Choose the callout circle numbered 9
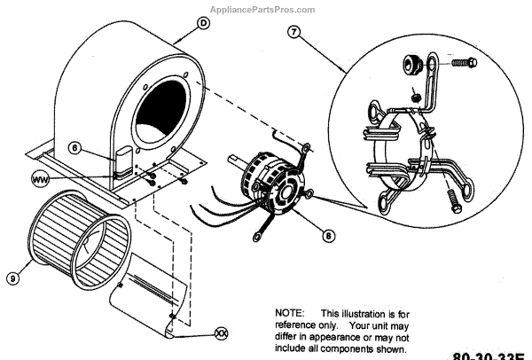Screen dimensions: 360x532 pyautogui.click(x=13, y=278)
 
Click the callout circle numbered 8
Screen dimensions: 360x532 pyautogui.click(x=327, y=236)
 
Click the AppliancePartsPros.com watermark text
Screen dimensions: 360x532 pyautogui.click(x=264, y=10)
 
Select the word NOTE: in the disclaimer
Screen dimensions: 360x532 pyautogui.click(x=289, y=314)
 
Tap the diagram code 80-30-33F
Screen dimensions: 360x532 pyautogui.click(x=489, y=355)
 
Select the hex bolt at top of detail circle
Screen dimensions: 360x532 pyautogui.click(x=464, y=63)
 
